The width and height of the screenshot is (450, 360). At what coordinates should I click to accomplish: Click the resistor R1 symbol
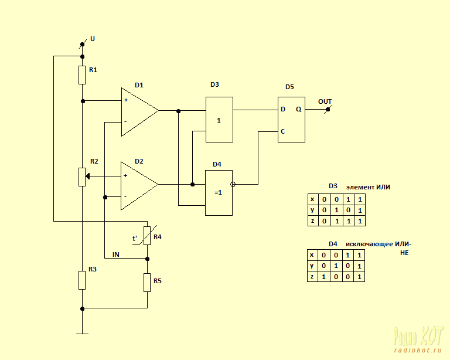click(82, 75)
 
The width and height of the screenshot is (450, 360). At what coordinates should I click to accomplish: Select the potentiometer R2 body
click(82, 177)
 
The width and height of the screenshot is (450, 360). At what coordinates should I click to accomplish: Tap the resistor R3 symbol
click(82, 280)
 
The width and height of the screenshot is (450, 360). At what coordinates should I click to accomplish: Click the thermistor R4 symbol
click(147, 235)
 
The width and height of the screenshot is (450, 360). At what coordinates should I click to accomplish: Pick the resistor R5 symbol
click(147, 283)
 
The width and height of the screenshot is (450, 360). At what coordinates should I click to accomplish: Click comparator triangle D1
click(140, 111)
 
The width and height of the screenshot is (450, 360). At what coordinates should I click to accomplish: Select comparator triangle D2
click(139, 186)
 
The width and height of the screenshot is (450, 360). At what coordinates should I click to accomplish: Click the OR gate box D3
click(219, 120)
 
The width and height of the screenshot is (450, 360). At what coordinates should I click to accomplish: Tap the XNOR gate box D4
click(219, 193)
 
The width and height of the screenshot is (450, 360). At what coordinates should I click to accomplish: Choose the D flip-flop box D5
click(291, 120)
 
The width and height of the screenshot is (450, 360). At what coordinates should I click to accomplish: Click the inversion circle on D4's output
click(233, 184)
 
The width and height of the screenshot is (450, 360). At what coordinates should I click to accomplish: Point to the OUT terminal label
click(325, 101)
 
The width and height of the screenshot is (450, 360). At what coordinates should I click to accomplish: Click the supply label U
click(93, 39)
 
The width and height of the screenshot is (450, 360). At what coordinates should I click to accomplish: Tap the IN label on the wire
click(115, 254)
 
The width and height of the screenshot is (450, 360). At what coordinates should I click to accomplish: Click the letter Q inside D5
click(299, 110)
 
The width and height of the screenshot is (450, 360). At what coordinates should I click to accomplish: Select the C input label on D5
click(282, 131)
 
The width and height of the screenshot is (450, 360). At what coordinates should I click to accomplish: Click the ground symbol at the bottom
click(83, 334)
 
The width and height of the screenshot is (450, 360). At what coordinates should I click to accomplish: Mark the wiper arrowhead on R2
click(88, 176)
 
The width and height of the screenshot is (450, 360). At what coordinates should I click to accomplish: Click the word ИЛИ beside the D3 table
click(383, 187)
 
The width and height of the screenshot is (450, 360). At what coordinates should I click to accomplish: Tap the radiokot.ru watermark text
click(418, 350)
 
